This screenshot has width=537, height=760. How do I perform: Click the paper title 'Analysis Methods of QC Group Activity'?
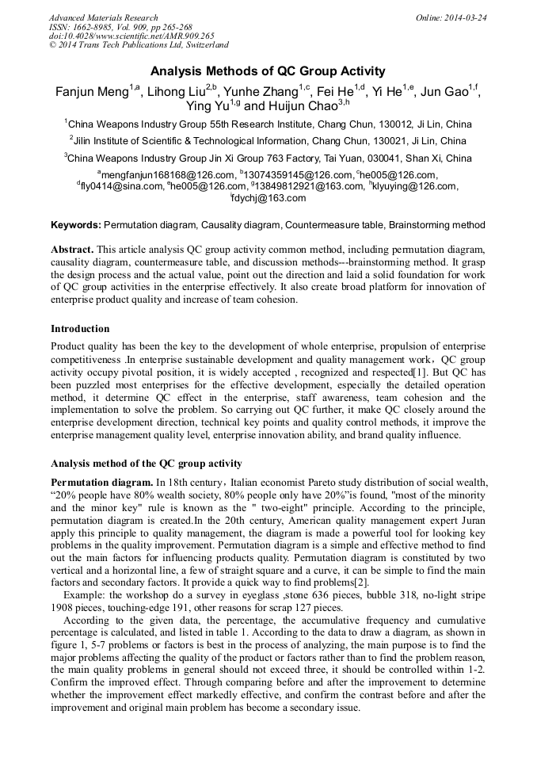[268, 71]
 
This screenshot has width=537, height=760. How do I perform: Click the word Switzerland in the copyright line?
[204, 46]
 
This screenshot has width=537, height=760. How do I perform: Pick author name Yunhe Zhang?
[263, 92]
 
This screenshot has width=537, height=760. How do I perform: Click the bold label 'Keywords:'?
[76, 225]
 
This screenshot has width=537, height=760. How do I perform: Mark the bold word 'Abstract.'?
[72, 249]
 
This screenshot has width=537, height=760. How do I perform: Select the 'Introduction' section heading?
[80, 329]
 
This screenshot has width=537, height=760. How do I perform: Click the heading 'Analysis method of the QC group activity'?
[146, 464]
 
